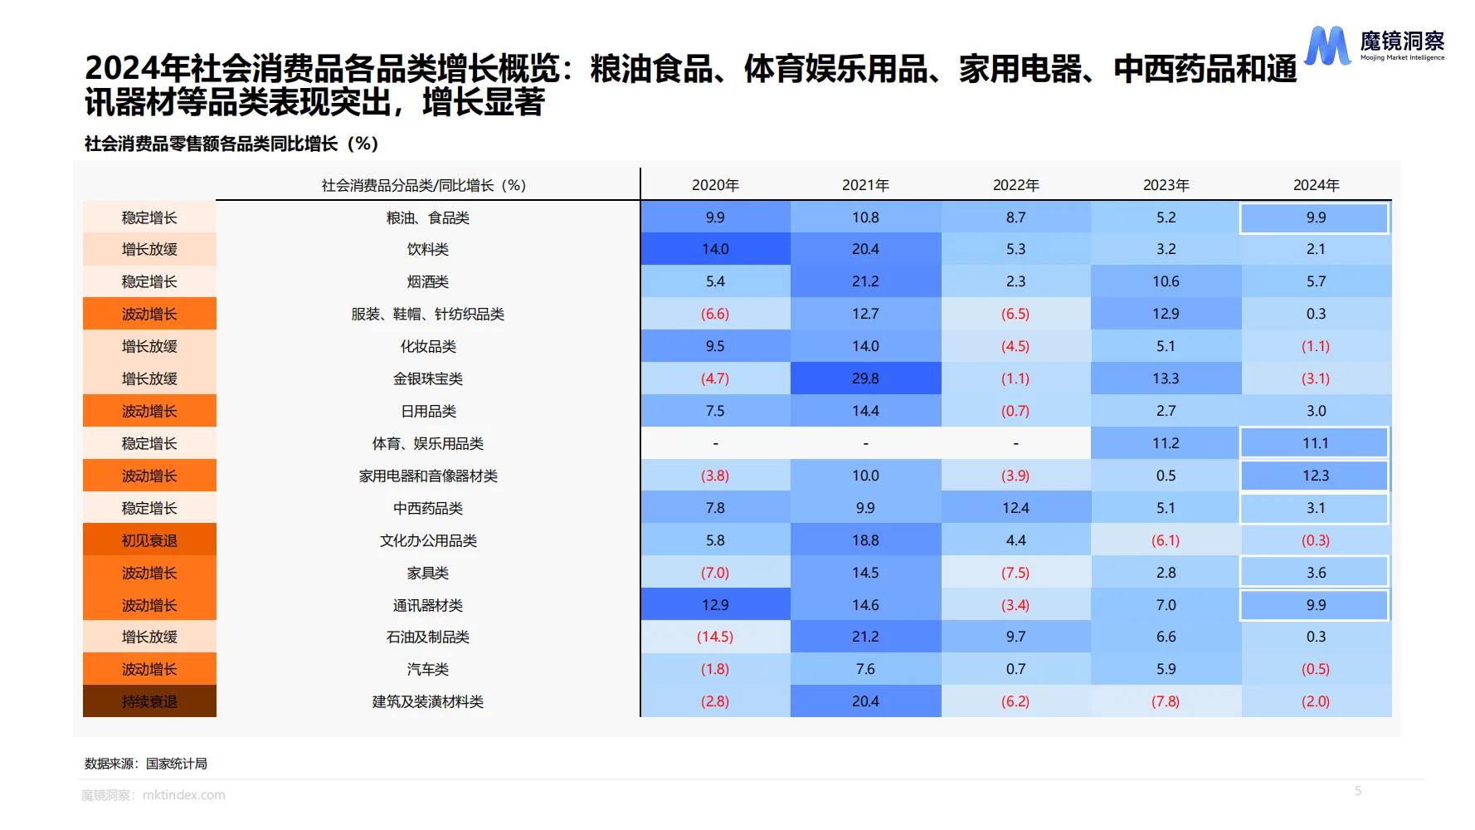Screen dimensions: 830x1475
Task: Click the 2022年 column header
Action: tap(1015, 185)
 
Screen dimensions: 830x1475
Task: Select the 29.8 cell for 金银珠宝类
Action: tap(865, 378)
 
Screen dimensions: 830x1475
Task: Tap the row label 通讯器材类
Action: tap(428, 605)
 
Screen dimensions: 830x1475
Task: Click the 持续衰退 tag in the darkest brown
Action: tap(149, 701)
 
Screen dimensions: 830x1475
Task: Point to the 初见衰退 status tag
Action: tap(149, 540)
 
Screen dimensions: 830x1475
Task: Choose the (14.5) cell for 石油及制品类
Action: tap(715, 637)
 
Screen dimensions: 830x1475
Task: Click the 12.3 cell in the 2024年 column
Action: tap(1315, 476)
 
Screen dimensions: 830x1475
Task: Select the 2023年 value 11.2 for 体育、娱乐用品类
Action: tap(1166, 443)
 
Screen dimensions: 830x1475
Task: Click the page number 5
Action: tap(1358, 791)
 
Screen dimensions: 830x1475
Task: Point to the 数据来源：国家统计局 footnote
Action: tap(146, 764)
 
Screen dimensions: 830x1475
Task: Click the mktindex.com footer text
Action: tap(183, 795)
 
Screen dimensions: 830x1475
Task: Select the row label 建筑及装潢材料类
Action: tap(428, 701)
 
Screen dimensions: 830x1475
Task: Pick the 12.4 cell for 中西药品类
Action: tap(1015, 508)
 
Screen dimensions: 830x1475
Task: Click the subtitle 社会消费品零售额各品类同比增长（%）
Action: tap(231, 144)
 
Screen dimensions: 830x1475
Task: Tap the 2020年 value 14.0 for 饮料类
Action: tap(715, 249)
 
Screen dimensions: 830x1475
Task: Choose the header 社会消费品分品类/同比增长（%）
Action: tap(424, 185)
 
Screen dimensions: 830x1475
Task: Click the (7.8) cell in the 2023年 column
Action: tap(1166, 701)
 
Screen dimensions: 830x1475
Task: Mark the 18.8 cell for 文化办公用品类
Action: tap(865, 540)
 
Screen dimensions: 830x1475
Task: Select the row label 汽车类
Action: tap(428, 669)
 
